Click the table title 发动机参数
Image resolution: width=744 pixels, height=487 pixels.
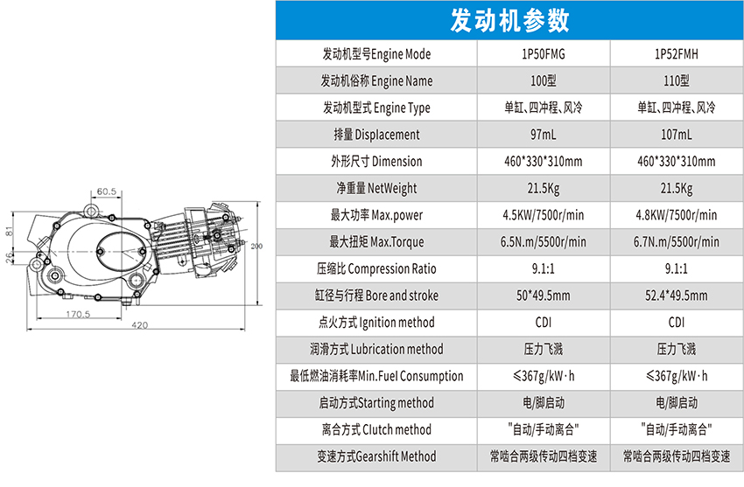click(x=509, y=20)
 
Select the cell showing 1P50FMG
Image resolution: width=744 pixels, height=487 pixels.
click(x=543, y=54)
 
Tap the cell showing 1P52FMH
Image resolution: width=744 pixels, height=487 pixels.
click(x=676, y=54)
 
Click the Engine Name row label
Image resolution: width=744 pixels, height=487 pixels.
click(x=377, y=81)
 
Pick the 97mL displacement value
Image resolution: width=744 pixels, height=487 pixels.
click(x=543, y=135)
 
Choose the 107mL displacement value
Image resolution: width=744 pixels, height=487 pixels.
click(x=676, y=135)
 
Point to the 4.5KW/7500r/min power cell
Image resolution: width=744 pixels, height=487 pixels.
click(x=543, y=215)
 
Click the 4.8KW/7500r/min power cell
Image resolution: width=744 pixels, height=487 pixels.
click(x=676, y=215)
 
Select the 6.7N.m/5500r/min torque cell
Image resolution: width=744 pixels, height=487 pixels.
click(x=676, y=242)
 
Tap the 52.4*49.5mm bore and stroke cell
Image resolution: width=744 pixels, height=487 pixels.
click(x=676, y=296)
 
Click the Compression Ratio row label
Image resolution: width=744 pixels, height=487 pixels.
click(x=377, y=268)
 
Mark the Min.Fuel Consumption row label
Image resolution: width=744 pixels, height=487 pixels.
click(x=377, y=376)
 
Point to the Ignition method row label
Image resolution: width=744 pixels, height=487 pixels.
click(x=377, y=323)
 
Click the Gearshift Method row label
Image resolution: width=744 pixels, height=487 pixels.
click(x=377, y=456)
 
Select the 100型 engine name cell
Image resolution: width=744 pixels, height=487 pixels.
click(x=543, y=81)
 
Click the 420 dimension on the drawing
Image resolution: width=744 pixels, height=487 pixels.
click(x=139, y=324)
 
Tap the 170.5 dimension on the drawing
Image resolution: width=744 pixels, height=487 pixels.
click(x=78, y=312)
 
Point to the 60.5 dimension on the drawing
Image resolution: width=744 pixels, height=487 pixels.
click(x=107, y=191)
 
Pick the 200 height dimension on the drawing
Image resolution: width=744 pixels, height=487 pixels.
click(x=256, y=247)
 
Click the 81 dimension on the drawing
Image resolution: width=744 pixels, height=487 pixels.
click(x=10, y=231)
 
